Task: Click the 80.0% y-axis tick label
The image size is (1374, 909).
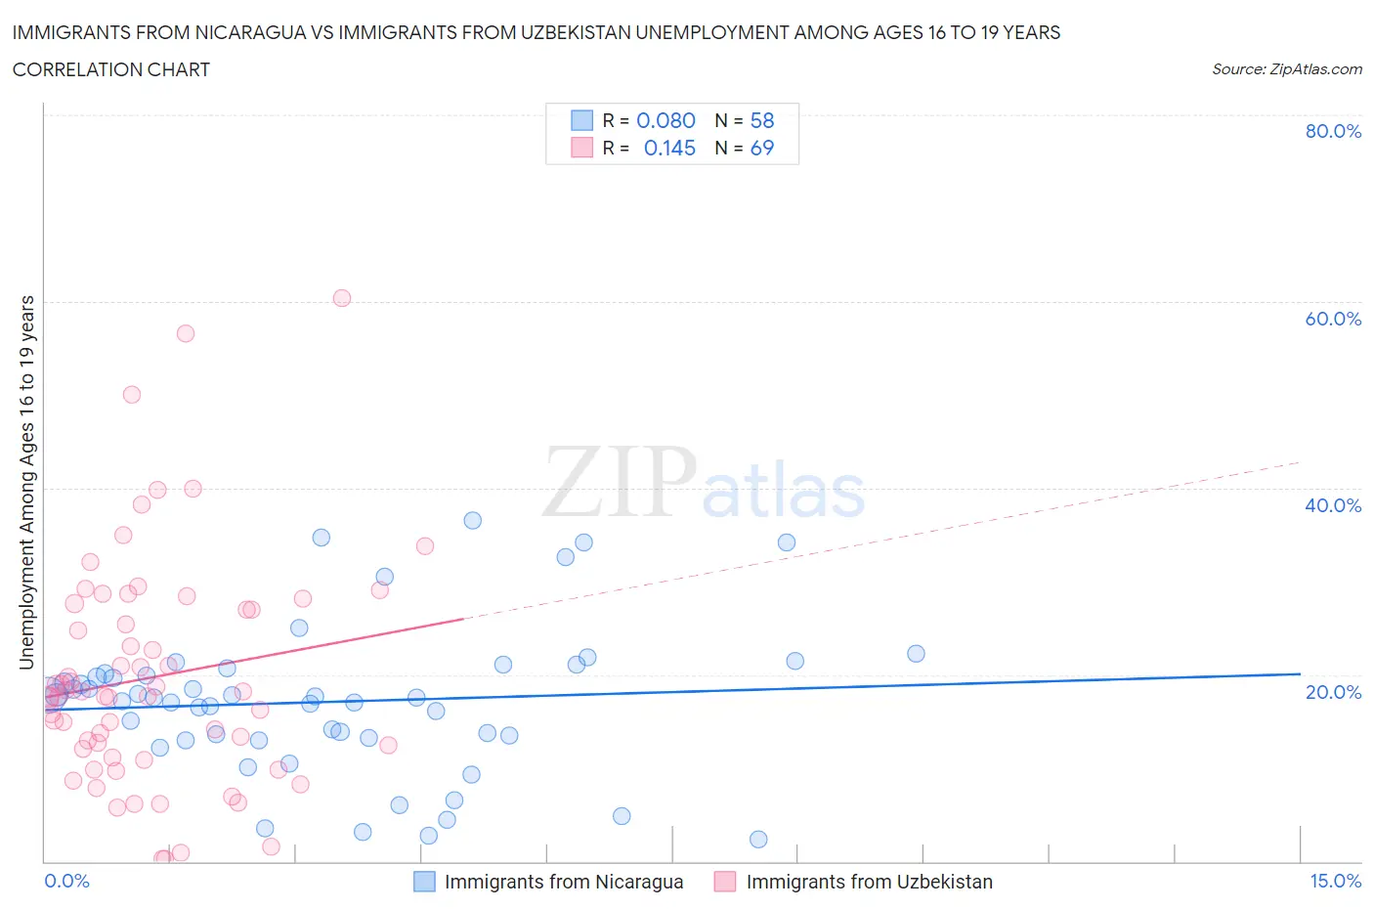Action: [x=1333, y=131]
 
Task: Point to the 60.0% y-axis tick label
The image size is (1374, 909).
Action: [x=1333, y=319]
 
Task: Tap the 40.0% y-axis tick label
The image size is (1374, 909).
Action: [x=1333, y=505]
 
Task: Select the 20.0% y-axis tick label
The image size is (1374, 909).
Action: [x=1333, y=692]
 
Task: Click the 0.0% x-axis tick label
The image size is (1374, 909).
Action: [x=66, y=881]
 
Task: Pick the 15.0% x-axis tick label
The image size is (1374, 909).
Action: [x=1335, y=881]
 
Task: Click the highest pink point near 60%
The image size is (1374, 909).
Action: [x=341, y=298]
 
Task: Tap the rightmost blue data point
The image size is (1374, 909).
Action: [x=916, y=653]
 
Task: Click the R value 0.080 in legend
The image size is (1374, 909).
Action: [x=666, y=120]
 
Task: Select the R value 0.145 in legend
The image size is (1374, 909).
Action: [x=669, y=148]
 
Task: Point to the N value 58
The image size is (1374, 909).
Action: [x=761, y=120]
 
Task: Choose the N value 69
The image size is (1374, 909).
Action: [x=761, y=148]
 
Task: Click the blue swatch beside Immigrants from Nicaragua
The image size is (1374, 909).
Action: [x=424, y=882]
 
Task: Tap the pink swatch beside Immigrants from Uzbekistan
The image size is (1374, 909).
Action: [x=724, y=882]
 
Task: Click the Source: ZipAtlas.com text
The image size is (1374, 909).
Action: [x=1286, y=68]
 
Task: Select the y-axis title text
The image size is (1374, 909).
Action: [x=26, y=482]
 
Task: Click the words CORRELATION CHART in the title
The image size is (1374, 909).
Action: [x=111, y=69]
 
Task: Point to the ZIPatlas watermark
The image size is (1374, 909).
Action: [x=704, y=484]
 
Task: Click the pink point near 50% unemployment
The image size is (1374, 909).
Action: [x=131, y=395]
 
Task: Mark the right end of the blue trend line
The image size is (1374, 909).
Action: [x=1300, y=673]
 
